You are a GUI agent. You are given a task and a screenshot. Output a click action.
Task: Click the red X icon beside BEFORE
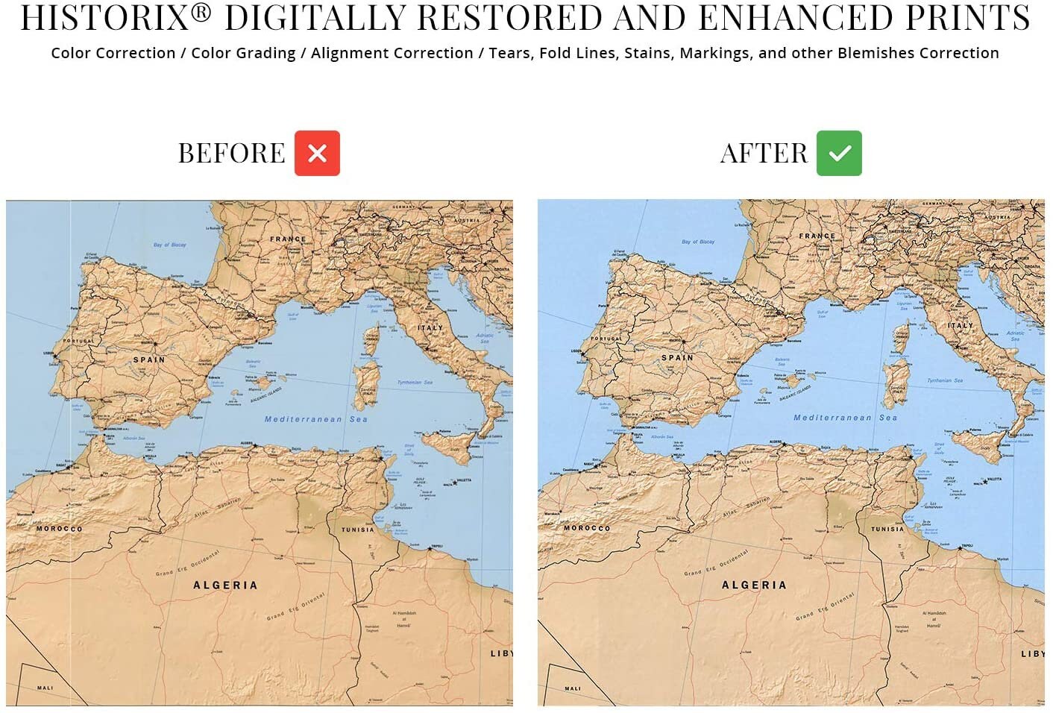(317, 153)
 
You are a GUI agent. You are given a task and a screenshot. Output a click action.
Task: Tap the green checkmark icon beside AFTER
(839, 153)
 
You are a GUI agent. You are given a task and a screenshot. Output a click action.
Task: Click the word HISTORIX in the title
(107, 18)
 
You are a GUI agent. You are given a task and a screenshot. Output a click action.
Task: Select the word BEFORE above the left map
(231, 154)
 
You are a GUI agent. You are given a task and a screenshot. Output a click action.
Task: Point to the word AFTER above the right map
(764, 154)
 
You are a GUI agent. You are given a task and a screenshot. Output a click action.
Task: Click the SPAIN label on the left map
(149, 359)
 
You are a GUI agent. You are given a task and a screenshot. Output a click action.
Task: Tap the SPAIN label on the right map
(677, 358)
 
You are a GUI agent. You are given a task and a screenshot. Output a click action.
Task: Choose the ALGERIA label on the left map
(225, 585)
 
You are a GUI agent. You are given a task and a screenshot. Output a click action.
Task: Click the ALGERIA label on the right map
(754, 585)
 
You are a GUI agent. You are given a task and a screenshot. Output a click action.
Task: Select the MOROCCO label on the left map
(60, 529)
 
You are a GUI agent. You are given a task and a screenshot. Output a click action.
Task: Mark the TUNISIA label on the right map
(887, 529)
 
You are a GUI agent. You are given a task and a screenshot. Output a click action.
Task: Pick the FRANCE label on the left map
(288, 239)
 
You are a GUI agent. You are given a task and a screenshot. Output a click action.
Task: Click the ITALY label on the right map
(961, 326)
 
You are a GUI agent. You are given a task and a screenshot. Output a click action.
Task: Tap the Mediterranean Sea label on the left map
(315, 419)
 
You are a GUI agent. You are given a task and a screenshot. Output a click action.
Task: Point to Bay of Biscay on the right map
(698, 242)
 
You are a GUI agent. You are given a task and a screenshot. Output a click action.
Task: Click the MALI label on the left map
(45, 688)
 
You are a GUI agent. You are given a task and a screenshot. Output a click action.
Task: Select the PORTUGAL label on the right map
(606, 339)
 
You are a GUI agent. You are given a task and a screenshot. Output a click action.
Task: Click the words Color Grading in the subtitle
(243, 53)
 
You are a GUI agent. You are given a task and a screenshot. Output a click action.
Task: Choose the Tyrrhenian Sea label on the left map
(415, 382)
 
